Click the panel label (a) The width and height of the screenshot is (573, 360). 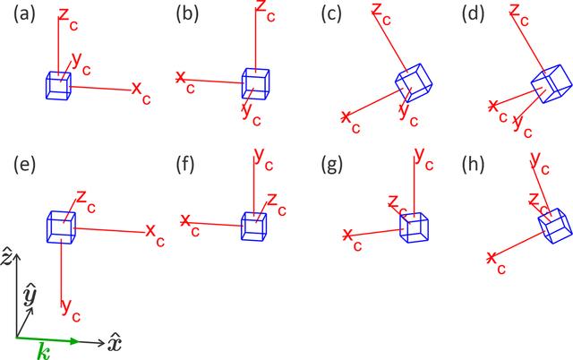tap(24, 15)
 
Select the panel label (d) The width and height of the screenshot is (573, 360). tap(474, 15)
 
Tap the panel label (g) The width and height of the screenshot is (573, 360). tap(332, 165)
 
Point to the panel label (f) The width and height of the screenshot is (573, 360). tap(185, 165)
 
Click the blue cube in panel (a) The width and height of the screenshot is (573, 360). tap(58, 86)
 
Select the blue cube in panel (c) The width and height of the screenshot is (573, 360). tap(414, 83)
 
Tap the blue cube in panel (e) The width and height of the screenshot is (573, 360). tap(61, 227)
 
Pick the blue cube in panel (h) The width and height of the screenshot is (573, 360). tap(555, 226)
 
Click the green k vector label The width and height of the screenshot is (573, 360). tap(44, 352)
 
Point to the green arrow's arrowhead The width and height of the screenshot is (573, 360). tap(74, 341)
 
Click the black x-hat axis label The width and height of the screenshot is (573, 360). tap(114, 343)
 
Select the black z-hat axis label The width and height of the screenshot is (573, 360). tap(6, 255)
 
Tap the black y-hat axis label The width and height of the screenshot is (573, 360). tap(30, 296)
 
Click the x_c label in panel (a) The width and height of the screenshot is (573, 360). tap(141, 92)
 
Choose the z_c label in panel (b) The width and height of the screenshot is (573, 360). tap(265, 11)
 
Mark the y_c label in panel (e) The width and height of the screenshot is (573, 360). tap(71, 310)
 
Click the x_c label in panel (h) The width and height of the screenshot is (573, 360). tap(496, 263)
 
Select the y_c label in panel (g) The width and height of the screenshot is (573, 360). tap(423, 159)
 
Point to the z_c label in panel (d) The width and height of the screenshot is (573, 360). tap(519, 15)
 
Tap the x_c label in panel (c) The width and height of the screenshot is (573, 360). tap(351, 122)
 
